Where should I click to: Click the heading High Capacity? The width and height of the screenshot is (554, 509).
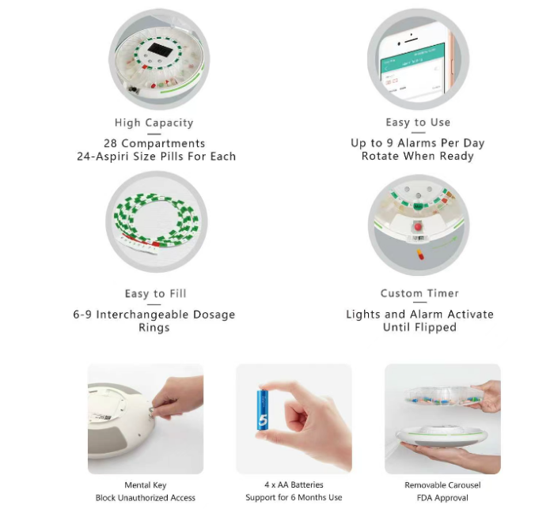(x=154, y=123)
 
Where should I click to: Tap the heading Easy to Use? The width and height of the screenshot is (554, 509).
(x=418, y=123)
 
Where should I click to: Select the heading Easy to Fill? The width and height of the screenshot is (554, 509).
(x=155, y=293)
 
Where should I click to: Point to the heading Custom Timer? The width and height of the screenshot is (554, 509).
(x=419, y=293)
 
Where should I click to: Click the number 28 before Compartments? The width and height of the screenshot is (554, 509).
(x=110, y=144)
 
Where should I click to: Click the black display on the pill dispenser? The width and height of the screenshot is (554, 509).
(x=160, y=50)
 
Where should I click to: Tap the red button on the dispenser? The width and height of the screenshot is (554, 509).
(x=418, y=227)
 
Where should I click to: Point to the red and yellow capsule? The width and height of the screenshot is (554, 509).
(x=420, y=254)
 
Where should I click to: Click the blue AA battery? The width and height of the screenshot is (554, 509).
(x=263, y=410)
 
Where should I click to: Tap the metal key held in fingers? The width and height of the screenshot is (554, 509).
(x=152, y=411)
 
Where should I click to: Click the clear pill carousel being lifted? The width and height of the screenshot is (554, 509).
(x=443, y=396)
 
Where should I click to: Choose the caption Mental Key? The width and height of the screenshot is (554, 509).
(x=145, y=485)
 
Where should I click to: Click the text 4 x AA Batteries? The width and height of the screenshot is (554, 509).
(x=294, y=484)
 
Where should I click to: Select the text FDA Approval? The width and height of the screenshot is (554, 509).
(x=442, y=498)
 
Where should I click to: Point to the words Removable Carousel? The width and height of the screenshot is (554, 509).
(x=442, y=485)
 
